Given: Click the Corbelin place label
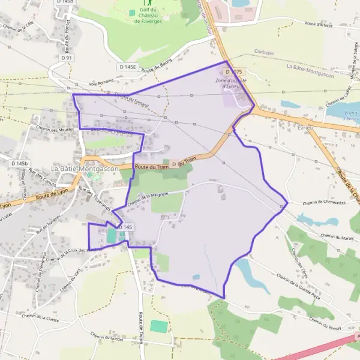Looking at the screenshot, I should coord(263,53).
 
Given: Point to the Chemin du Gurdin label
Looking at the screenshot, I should coord(107,338).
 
